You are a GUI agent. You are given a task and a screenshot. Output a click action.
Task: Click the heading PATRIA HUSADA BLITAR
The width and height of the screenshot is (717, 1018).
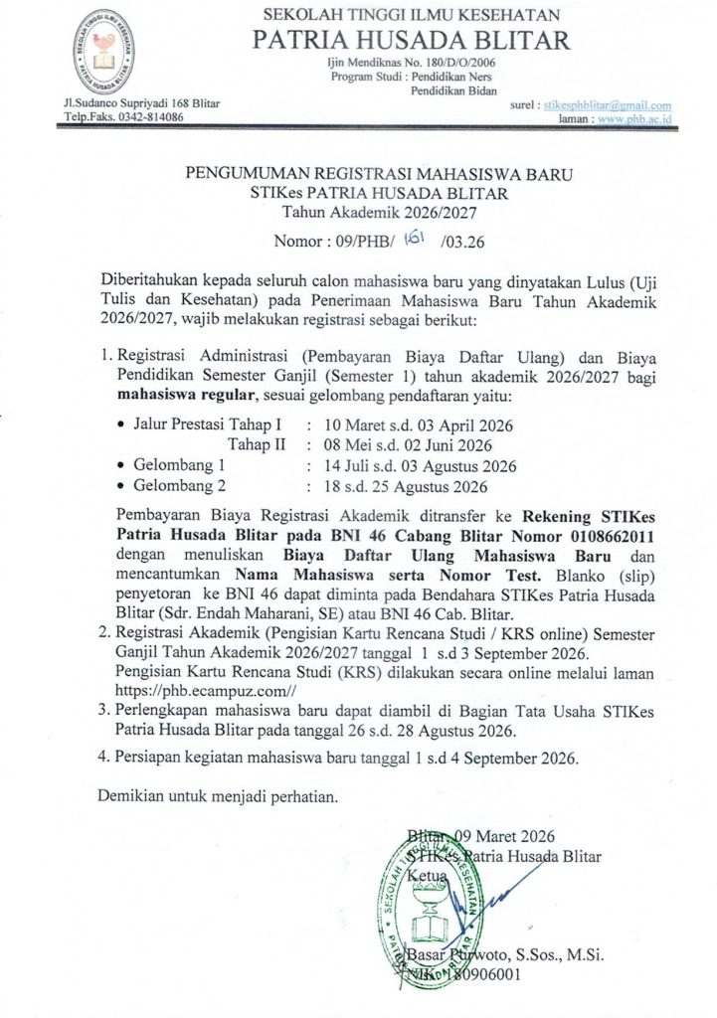point(411,40)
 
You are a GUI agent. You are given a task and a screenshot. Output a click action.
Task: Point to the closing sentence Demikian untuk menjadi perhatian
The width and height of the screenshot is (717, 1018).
point(218,795)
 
